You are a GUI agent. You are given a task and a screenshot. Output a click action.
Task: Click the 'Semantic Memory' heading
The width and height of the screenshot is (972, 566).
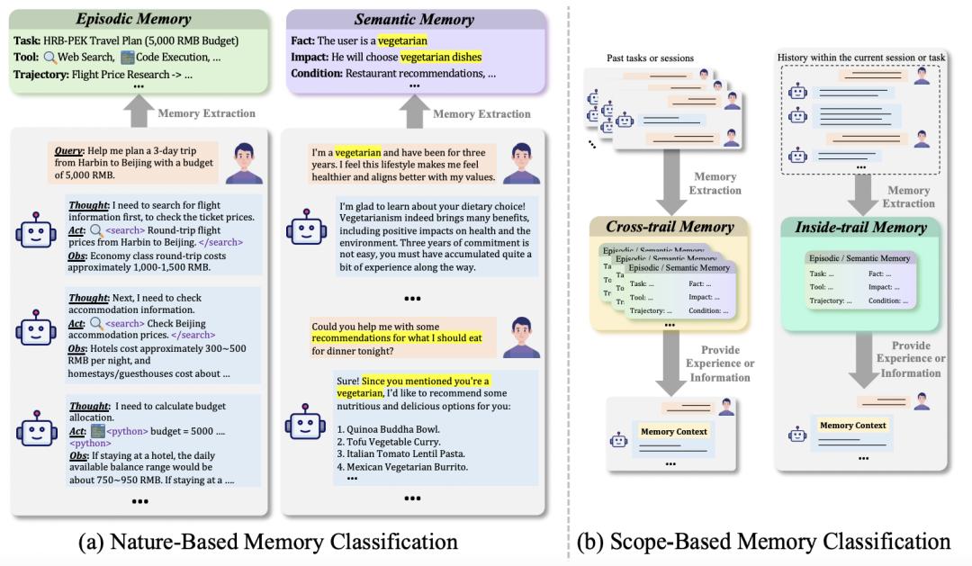(x=414, y=18)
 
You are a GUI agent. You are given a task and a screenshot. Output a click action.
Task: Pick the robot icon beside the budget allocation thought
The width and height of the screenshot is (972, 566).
(x=35, y=432)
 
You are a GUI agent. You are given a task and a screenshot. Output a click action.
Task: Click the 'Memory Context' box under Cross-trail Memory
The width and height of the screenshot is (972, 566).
(x=674, y=432)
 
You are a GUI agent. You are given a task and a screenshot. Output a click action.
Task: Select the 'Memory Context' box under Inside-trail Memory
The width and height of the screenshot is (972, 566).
(x=852, y=426)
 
